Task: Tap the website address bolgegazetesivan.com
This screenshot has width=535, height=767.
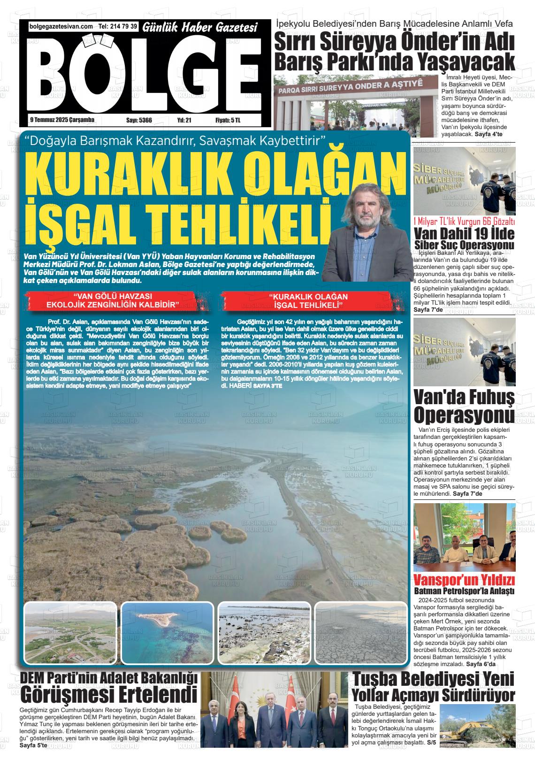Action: coord(61,27)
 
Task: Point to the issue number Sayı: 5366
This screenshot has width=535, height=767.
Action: coord(139,121)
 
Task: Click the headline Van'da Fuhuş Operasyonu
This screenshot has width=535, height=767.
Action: coord(464,407)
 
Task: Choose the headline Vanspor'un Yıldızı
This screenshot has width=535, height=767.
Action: coord(464,580)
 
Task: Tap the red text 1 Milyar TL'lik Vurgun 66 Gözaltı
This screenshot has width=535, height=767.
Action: coord(464,222)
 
